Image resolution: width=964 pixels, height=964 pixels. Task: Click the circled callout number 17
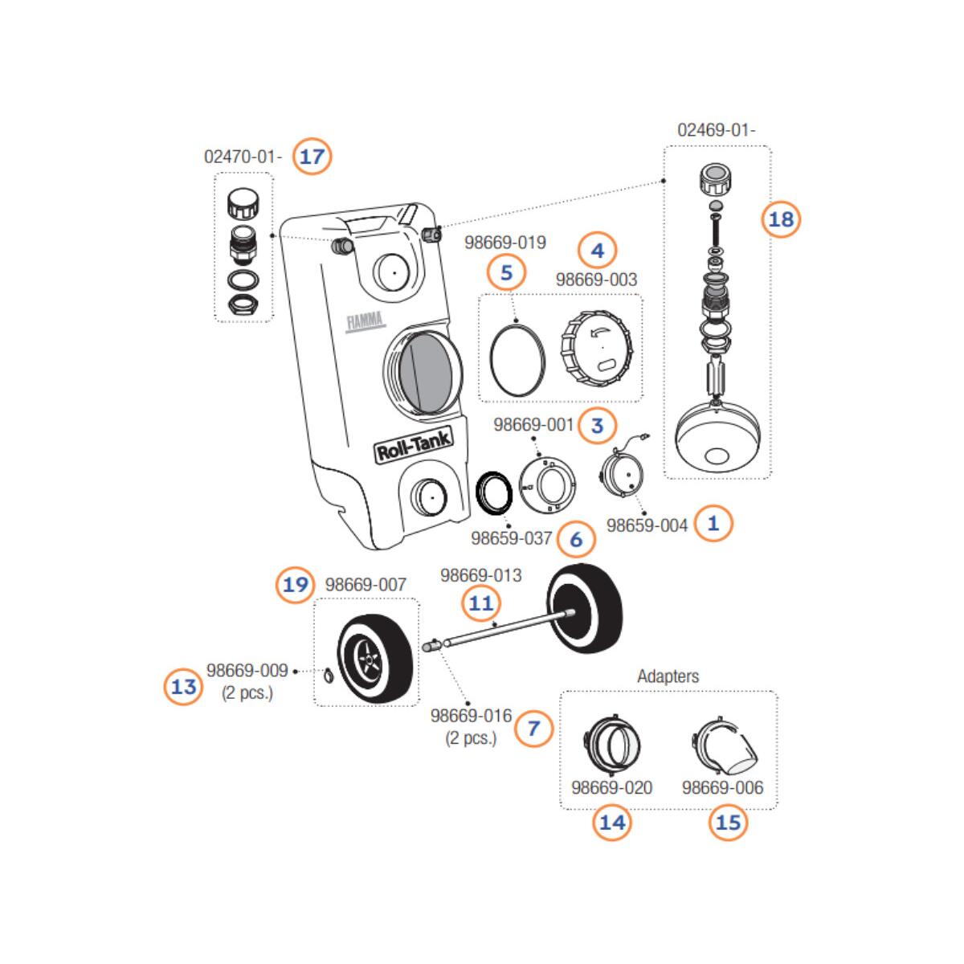(x=312, y=156)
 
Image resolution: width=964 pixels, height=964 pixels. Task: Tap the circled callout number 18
(x=781, y=219)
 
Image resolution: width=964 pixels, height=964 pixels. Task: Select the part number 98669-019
(x=505, y=242)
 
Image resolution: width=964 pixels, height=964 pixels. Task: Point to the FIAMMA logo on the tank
(x=366, y=322)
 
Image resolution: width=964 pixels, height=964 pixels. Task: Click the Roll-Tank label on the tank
(x=414, y=443)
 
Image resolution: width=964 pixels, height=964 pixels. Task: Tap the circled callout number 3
(x=596, y=425)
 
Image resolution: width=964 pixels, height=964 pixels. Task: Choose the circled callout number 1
(x=713, y=524)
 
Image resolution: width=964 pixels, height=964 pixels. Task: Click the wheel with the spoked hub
(x=374, y=659)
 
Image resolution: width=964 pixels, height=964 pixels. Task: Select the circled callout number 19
(x=296, y=584)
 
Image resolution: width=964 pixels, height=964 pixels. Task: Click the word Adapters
(x=668, y=676)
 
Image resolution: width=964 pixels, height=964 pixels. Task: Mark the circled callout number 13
(x=184, y=687)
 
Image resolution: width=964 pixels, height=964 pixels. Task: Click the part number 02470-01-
(x=243, y=157)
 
